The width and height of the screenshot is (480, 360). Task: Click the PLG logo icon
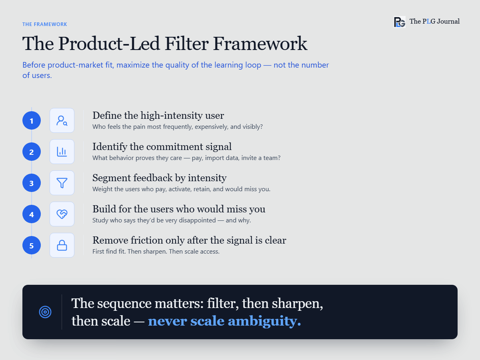pos(400,22)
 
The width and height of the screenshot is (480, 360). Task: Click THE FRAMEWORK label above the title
pos(45,24)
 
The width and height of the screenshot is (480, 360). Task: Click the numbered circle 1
pos(32,120)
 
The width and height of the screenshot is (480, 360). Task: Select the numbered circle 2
pos(32,152)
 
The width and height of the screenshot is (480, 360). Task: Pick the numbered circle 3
pos(32,183)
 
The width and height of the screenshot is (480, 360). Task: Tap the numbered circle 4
pos(32,214)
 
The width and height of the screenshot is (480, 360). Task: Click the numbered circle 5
pos(32,245)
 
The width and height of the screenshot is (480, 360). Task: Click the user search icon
pos(62,121)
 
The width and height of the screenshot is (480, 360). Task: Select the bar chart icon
pos(62,152)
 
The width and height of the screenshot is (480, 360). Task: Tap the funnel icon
pos(62,183)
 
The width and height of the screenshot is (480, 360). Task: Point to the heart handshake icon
pos(62,214)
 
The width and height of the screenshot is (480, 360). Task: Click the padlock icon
pos(62,245)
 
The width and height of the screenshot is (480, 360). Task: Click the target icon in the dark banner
pos(45,312)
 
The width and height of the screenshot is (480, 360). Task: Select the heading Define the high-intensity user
pos(158,116)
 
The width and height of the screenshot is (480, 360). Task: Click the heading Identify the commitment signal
pos(162,147)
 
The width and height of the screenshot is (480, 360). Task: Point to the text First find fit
pos(109,251)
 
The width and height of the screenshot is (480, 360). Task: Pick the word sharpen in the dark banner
pos(297,304)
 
